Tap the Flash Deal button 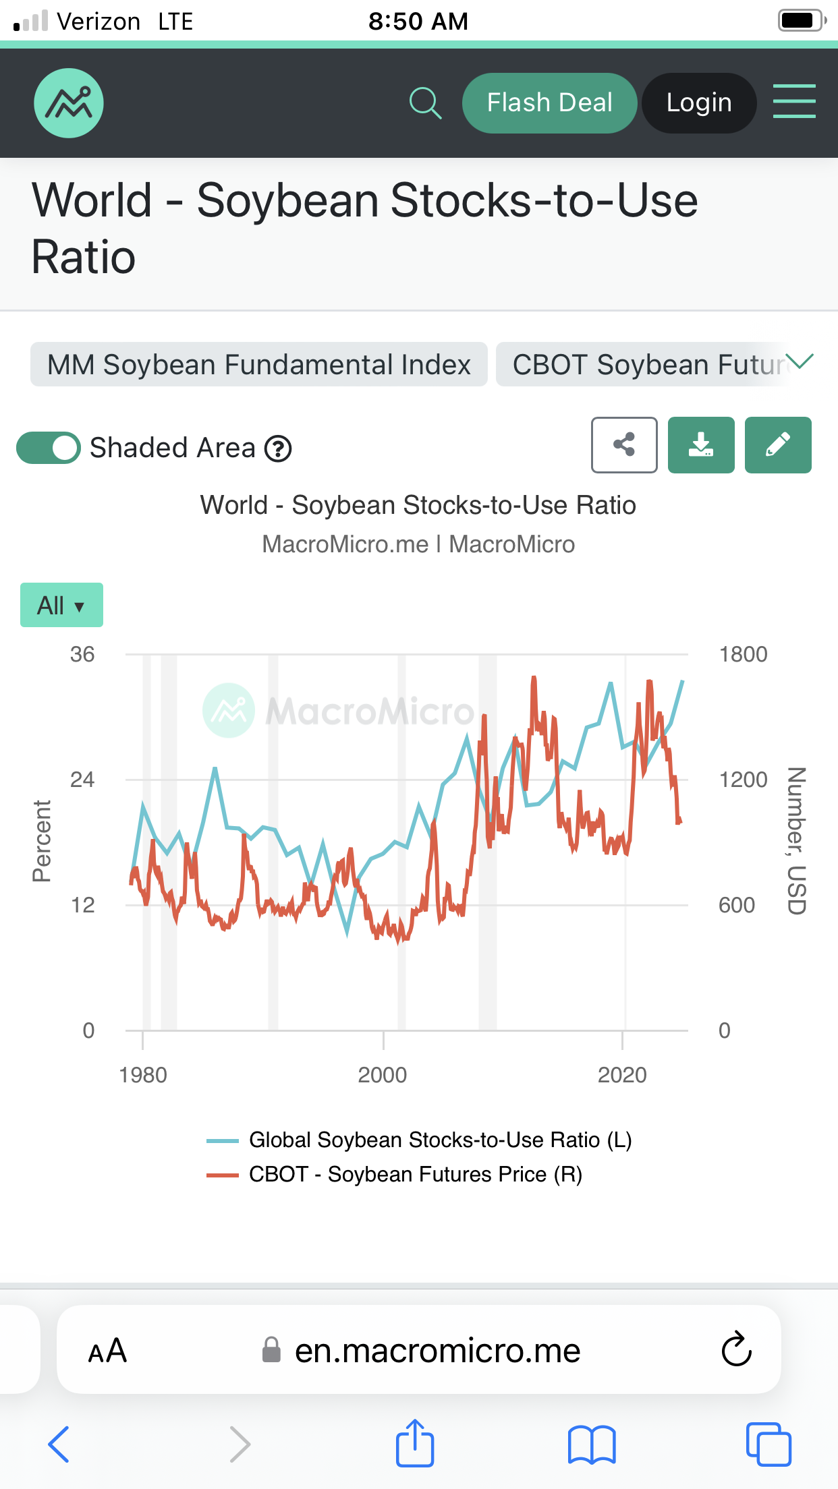click(x=549, y=103)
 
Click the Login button click(x=698, y=103)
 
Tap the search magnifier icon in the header click(x=425, y=103)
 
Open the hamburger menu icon click(x=793, y=102)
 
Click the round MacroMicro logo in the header click(x=69, y=103)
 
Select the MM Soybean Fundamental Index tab click(x=258, y=365)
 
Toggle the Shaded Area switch click(x=49, y=448)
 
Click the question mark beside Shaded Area click(x=278, y=448)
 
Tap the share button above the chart click(x=624, y=445)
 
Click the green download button click(x=701, y=445)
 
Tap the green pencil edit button click(x=778, y=445)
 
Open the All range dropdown click(x=61, y=605)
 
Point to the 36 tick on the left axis click(x=82, y=654)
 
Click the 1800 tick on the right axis click(x=743, y=654)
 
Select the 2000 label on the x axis click(x=383, y=1075)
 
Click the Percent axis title click(x=42, y=841)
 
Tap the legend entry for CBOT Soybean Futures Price click(x=414, y=1174)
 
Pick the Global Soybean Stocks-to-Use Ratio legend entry click(x=439, y=1140)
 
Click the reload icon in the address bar click(x=736, y=1349)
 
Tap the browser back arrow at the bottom click(x=59, y=1444)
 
